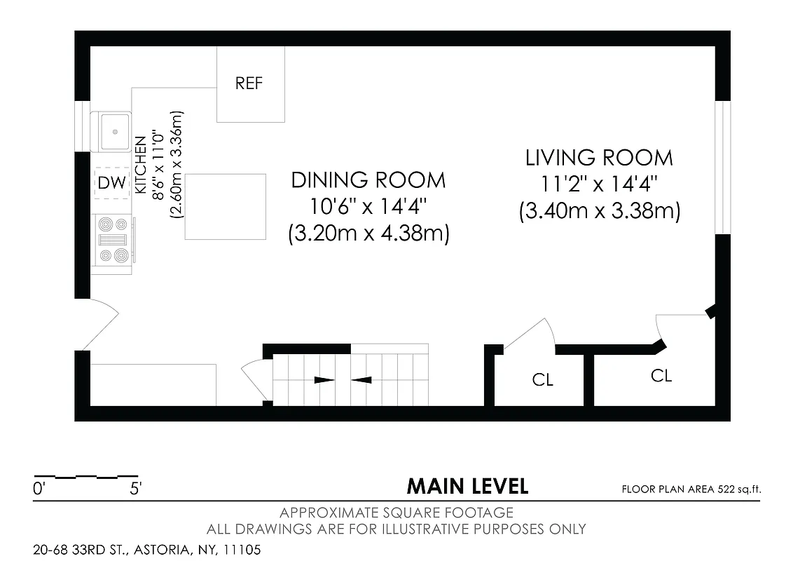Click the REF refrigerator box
pyautogui.click(x=250, y=84)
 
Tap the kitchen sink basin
pyautogui.click(x=114, y=130)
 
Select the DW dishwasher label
pyautogui.click(x=111, y=184)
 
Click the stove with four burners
pyautogui.click(x=113, y=239)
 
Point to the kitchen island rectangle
pyautogui.click(x=226, y=207)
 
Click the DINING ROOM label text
pyautogui.click(x=368, y=180)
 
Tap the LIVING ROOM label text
pyautogui.click(x=599, y=158)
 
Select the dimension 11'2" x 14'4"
pyautogui.click(x=599, y=184)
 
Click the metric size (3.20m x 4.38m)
pyautogui.click(x=368, y=234)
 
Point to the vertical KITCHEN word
pyautogui.click(x=139, y=165)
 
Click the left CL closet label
pyautogui.click(x=543, y=380)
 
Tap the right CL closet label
pyautogui.click(x=661, y=376)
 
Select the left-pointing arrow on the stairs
pyautogui.click(x=361, y=380)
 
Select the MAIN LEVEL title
pyautogui.click(x=467, y=485)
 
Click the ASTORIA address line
pyautogui.click(x=147, y=550)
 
